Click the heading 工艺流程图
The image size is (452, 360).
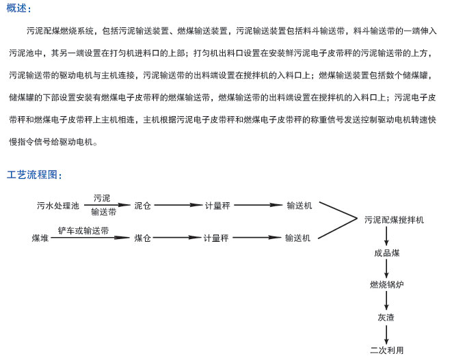click(34, 175)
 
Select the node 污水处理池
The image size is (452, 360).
click(58, 205)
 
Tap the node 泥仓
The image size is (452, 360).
click(142, 205)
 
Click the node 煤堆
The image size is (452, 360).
click(40, 238)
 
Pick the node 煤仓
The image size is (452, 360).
click(142, 238)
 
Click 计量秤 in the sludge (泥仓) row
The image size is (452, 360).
click(217, 205)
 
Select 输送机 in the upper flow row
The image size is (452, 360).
click(299, 205)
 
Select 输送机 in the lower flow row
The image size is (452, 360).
click(297, 238)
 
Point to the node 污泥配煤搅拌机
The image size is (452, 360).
click(394, 220)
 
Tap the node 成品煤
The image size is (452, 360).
click(386, 253)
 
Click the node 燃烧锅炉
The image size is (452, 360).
click(386, 285)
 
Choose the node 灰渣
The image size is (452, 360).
click(386, 318)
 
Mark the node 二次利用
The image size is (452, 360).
click(386, 350)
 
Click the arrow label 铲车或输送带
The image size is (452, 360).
click(83, 231)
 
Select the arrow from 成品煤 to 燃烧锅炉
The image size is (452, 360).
click(386, 268)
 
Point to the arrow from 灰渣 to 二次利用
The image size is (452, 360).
click(386, 334)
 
